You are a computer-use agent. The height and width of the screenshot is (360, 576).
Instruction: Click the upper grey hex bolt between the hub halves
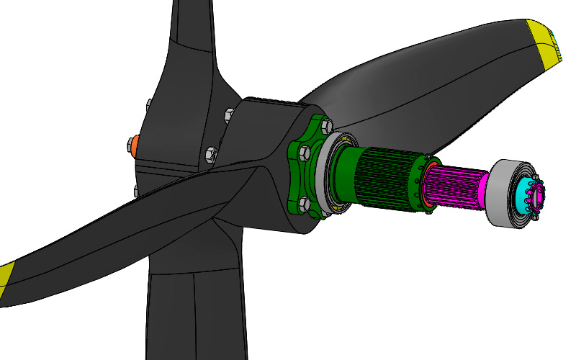229,114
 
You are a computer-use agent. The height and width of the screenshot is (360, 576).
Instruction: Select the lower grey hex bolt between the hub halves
211,154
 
